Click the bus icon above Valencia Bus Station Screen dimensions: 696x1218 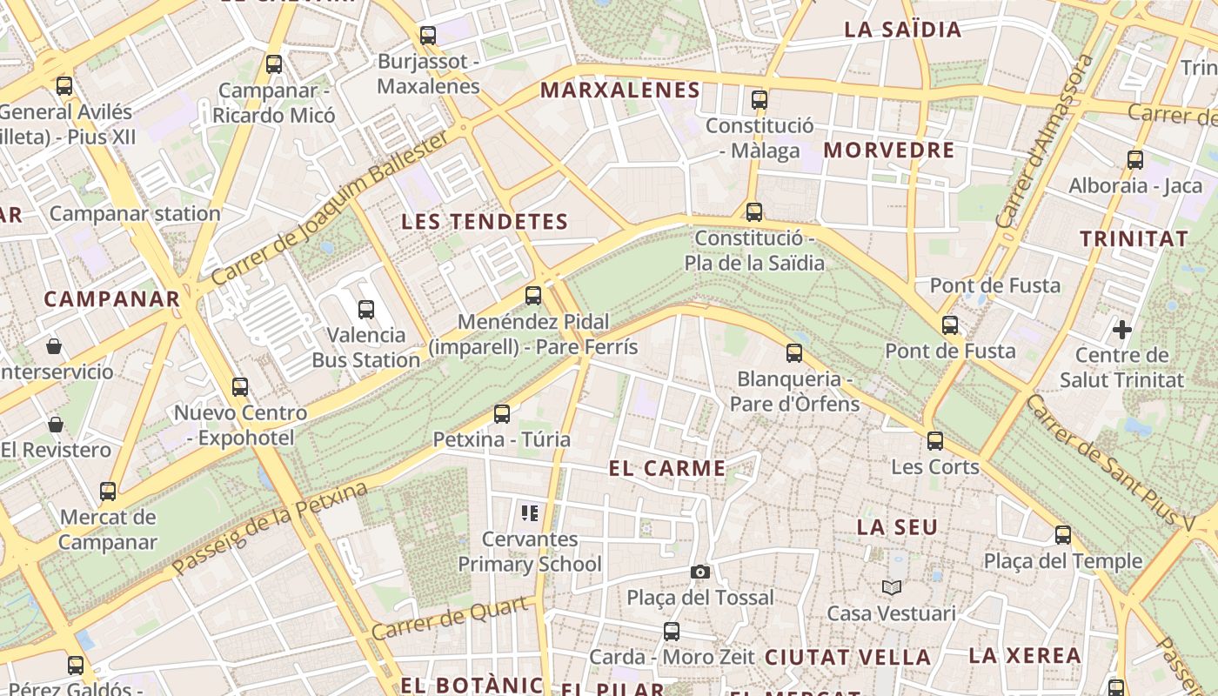366,309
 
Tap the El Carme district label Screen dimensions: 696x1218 667,468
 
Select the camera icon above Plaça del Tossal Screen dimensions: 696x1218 699,572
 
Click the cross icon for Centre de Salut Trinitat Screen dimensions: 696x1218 1122,330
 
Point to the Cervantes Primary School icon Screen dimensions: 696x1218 530,513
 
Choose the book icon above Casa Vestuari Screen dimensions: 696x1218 891,587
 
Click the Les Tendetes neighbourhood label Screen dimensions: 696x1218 485,222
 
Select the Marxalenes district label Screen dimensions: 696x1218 620,90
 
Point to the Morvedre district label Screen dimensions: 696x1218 889,150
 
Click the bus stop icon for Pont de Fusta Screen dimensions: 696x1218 950,325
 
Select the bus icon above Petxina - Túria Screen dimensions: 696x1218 502,414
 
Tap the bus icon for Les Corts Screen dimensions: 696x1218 935,441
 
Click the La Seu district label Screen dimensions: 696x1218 897,527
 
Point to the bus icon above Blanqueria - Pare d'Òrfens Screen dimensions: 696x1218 793,353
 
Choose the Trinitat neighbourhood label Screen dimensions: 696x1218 1134,238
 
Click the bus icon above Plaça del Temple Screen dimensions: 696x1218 1063,535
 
